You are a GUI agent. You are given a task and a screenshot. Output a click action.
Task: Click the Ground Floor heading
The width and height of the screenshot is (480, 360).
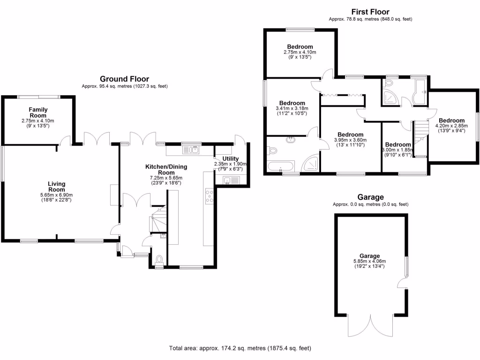pos(124,79)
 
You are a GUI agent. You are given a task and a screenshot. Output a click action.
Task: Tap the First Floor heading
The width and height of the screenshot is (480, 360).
pos(370,12)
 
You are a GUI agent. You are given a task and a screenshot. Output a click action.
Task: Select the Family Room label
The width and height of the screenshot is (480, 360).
pos(38,112)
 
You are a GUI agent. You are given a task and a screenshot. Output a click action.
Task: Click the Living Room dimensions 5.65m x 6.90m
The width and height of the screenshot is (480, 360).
pos(56,195)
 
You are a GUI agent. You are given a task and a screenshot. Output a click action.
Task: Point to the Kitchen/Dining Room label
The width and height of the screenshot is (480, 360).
pos(163,169)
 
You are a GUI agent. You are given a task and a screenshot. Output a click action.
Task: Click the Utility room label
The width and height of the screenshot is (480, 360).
pos(231,158)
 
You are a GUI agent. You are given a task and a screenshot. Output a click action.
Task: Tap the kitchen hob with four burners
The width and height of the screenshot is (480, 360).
pos(210,196)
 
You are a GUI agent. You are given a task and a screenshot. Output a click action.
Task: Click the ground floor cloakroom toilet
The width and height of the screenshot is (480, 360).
pos(159,259)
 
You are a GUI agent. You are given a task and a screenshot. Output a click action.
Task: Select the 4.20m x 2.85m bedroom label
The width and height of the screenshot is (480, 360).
pos(451,120)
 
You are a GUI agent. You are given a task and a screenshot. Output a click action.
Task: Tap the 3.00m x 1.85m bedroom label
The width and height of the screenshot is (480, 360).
pos(397,145)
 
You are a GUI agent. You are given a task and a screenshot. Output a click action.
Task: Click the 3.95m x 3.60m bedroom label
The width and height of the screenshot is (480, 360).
pos(350,135)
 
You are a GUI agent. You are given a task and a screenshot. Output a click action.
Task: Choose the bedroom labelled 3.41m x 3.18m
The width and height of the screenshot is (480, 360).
pos(292,103)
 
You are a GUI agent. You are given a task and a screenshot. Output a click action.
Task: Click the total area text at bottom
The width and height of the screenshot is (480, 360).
pos(240,349)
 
